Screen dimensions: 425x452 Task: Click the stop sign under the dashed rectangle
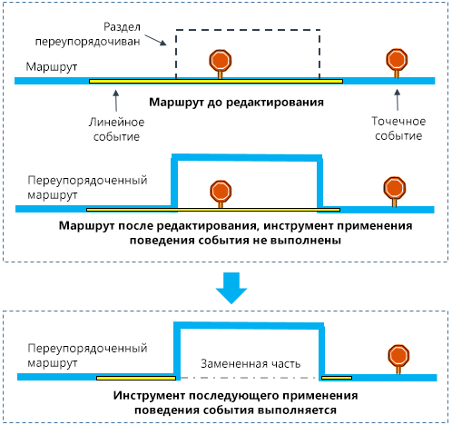click(221, 61)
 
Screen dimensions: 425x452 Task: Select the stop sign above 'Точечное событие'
click(397, 60)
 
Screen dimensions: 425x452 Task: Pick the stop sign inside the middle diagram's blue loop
click(221, 192)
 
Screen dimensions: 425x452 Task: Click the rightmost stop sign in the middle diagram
click(394, 188)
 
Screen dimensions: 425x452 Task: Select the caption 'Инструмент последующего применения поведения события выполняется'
click(236, 403)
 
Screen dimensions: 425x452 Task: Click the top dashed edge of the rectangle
click(247, 31)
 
